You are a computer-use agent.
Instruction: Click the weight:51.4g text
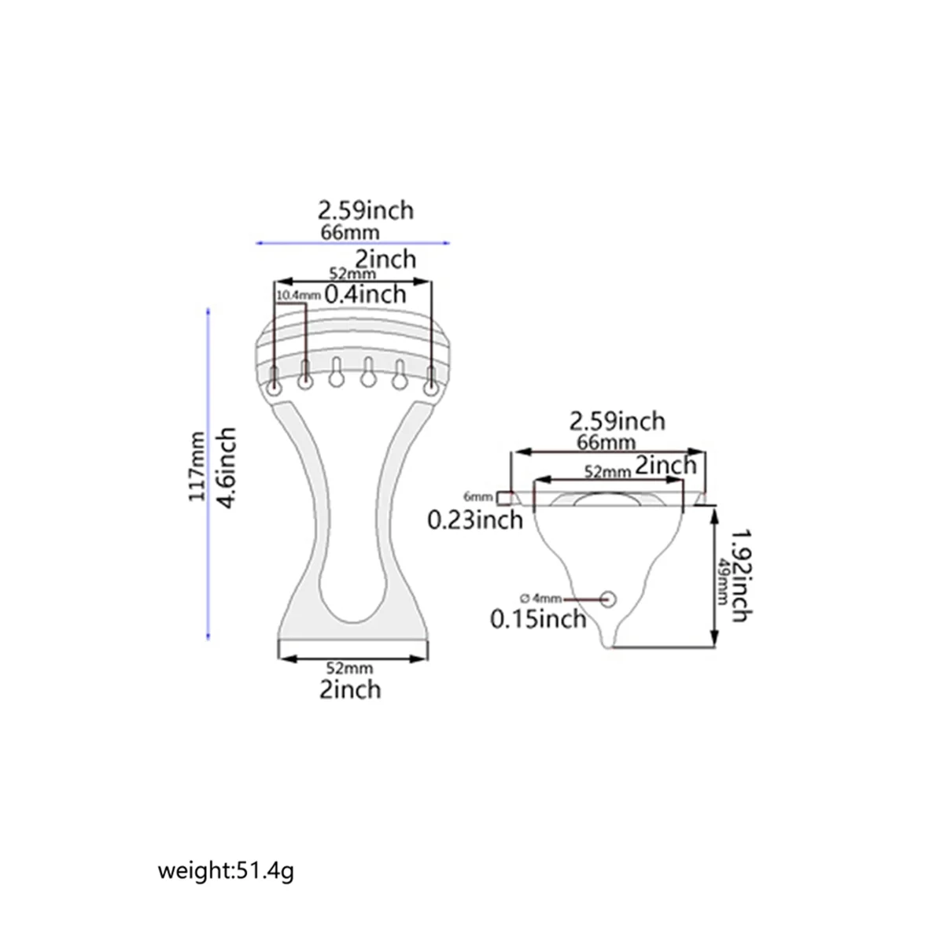coord(227,872)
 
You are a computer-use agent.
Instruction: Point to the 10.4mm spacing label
coord(298,295)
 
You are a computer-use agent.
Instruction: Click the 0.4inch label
coord(366,294)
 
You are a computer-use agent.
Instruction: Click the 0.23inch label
coord(475,519)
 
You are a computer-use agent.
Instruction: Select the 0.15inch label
coord(539,618)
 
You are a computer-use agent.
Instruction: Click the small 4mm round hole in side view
coord(609,599)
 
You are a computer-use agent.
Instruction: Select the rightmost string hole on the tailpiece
coord(431,388)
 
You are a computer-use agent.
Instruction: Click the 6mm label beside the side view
coord(478,497)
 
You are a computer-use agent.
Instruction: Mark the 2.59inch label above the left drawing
coord(366,210)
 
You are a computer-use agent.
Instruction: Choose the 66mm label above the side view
coord(606,441)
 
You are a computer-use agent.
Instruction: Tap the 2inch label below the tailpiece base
coord(350,689)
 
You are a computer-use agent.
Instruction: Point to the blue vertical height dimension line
coord(208,472)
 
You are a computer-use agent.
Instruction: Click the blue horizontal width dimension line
coord(353,243)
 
